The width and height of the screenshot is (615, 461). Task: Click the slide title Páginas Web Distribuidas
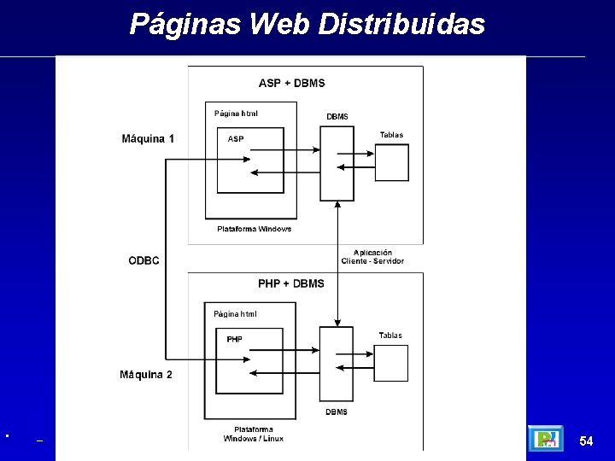[x=307, y=24]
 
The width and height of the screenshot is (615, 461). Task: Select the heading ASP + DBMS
[x=291, y=83]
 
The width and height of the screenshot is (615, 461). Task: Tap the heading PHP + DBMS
[x=291, y=283]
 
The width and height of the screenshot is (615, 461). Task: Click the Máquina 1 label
[x=148, y=139]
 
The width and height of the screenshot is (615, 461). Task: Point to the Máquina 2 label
[x=146, y=375]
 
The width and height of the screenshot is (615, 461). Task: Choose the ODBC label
[x=143, y=260]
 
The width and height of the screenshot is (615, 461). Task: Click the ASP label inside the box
[x=236, y=139]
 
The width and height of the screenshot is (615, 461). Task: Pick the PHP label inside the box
[x=234, y=339]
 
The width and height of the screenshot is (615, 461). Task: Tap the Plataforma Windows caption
[x=254, y=229]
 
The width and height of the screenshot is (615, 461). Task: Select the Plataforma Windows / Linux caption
[x=254, y=434]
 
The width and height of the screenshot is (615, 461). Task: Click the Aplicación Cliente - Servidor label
[x=372, y=256]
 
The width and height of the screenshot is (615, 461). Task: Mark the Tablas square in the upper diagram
[x=392, y=162]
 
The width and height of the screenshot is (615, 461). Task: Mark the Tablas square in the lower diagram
[x=391, y=363]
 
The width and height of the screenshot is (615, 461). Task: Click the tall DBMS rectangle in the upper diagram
[x=337, y=162]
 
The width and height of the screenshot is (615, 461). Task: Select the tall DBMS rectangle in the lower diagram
[x=337, y=363]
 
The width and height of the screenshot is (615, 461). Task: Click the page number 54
[x=586, y=441]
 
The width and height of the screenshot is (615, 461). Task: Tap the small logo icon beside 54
[x=545, y=440]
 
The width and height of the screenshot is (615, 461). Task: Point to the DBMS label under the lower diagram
[x=337, y=412]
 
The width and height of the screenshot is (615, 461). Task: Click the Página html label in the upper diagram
[x=236, y=113]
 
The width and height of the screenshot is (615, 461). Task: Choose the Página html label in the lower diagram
[x=235, y=314]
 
